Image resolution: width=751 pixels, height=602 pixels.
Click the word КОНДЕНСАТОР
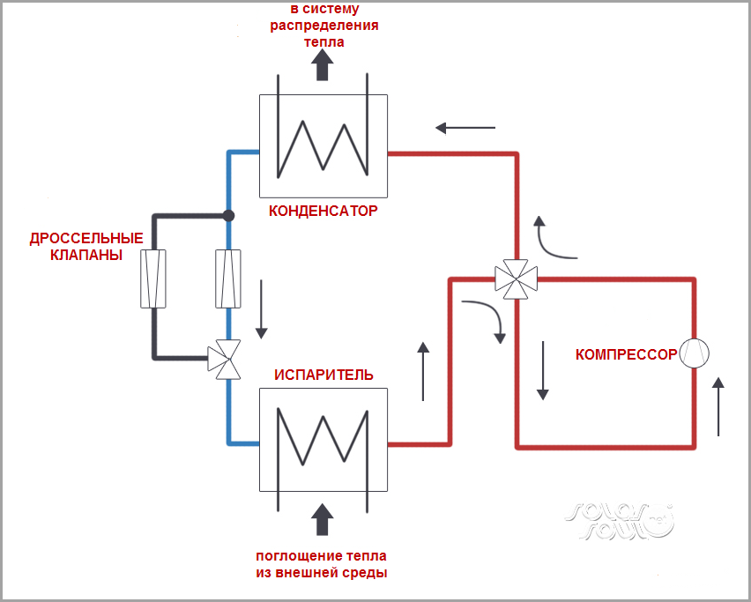point(323,212)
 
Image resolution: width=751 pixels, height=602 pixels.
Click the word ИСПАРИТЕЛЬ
point(323,375)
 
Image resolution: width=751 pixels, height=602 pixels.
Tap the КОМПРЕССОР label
point(626,355)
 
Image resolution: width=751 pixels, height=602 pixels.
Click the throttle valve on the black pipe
point(153,278)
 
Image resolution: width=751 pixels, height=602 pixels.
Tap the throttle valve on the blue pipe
point(228,278)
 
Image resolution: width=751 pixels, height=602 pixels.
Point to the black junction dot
point(228,215)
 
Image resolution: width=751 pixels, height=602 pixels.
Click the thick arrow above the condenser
point(323,64)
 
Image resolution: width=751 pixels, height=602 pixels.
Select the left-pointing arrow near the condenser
point(465,129)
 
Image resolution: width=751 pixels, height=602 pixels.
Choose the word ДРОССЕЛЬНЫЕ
point(86,239)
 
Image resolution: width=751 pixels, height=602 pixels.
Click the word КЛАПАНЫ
point(86,255)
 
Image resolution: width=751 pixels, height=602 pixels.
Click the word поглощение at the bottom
point(284,556)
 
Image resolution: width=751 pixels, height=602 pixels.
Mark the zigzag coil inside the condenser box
point(323,145)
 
